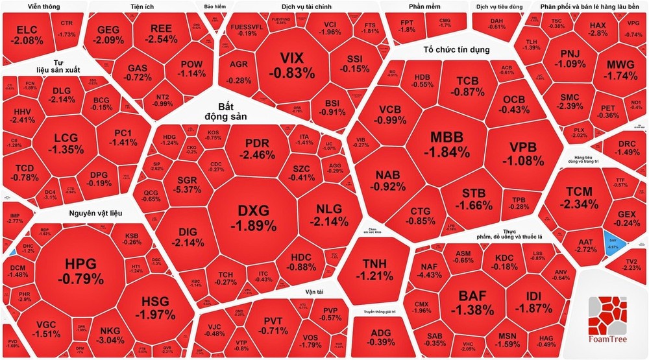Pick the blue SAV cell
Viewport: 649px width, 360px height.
click(613, 241)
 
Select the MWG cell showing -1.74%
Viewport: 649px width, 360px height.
click(606, 70)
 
